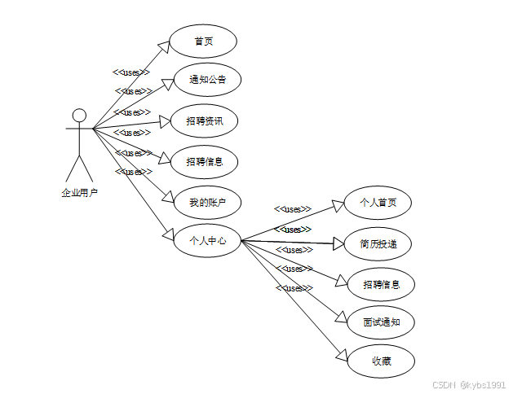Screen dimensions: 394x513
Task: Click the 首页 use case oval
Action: tap(203, 42)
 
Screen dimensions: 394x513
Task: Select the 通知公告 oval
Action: tap(206, 80)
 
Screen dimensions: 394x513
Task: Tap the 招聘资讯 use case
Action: tap(204, 121)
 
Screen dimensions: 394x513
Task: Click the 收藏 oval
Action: tap(381, 361)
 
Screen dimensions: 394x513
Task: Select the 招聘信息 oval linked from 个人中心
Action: tap(380, 285)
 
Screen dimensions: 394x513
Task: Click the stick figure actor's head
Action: tap(79, 114)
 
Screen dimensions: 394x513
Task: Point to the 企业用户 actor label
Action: tap(79, 193)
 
